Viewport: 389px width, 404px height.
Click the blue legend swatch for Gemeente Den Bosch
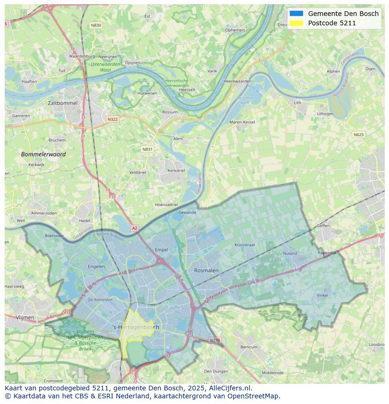click(x=296, y=14)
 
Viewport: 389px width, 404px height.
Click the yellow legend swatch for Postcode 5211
click(x=296, y=23)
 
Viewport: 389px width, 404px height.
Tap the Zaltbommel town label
click(x=62, y=103)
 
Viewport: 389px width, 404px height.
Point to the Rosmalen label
click(x=206, y=270)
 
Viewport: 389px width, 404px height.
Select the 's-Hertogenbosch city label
click(x=136, y=327)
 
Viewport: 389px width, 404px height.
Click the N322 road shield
click(x=112, y=119)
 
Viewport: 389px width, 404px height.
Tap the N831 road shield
click(x=148, y=149)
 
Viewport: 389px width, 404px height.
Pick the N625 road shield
click(x=358, y=135)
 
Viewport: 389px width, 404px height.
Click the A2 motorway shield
click(x=135, y=228)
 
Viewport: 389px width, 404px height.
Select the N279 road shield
click(x=215, y=340)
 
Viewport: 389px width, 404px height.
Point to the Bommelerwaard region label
click(x=43, y=154)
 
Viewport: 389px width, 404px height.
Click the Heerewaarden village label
click(x=237, y=81)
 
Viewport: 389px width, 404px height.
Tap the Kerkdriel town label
click(x=176, y=170)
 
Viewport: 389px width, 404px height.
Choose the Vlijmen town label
click(x=25, y=317)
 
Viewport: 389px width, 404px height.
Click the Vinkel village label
click(x=322, y=295)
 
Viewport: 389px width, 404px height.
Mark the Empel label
click(x=161, y=250)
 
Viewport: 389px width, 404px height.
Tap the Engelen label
click(x=96, y=267)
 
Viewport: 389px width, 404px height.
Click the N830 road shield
click(x=96, y=25)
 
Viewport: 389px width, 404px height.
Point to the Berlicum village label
click(x=249, y=347)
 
